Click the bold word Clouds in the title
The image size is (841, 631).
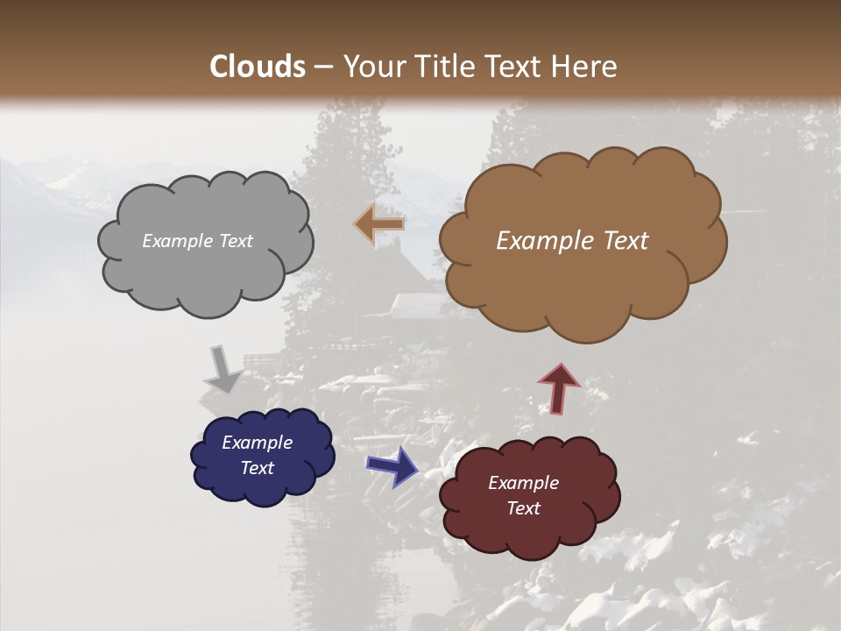tap(258, 67)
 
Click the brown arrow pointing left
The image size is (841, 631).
tap(380, 224)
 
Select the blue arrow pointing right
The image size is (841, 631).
tap(392, 465)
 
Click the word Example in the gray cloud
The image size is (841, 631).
tap(175, 241)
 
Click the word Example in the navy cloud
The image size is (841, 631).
tap(257, 443)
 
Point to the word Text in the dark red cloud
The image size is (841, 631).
tap(523, 508)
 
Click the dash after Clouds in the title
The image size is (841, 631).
tap(323, 67)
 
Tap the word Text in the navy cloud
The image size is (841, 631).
tap(257, 468)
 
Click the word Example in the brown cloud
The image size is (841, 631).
tap(535, 241)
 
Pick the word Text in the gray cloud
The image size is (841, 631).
tap(234, 241)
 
